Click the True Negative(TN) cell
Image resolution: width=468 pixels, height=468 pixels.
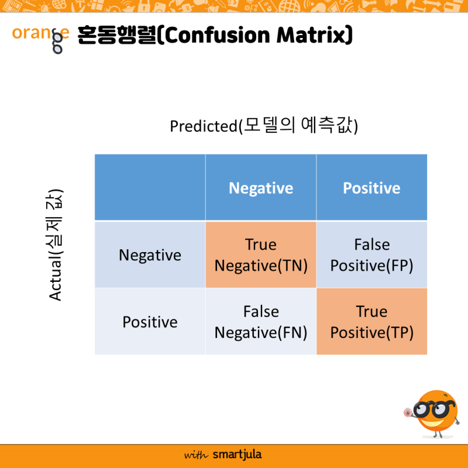coord(261,255)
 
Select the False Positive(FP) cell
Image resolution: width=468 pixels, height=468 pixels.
coord(371,255)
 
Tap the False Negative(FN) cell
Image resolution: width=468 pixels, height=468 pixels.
coord(261,322)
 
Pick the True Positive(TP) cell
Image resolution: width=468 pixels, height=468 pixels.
coord(371,322)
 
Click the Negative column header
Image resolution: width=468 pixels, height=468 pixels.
coord(261,188)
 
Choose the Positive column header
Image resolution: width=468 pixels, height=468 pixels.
coord(371,188)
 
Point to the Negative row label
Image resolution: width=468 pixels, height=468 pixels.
coord(150,255)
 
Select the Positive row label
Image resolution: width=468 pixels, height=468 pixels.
coord(150,322)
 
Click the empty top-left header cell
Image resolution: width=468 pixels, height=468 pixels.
coord(150,188)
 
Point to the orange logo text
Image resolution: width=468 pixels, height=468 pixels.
coord(40,34)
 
